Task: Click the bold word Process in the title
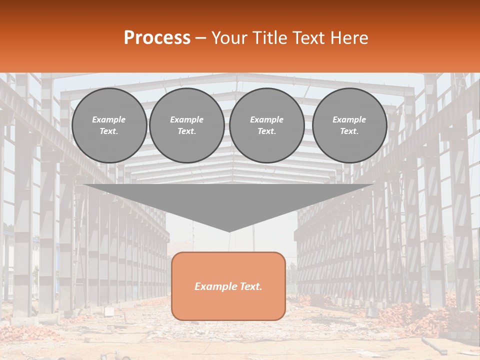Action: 157,38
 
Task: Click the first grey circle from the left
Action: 109,125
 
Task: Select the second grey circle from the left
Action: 187,125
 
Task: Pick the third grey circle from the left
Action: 267,125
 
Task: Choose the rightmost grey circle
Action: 349,125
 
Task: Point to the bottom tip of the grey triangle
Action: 229,231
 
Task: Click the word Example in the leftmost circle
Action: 109,119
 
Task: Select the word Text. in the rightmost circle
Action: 349,131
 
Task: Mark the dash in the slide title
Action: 200,38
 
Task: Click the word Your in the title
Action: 228,38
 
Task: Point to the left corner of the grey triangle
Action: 84,185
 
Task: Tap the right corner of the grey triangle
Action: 373,185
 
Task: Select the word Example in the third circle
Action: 267,119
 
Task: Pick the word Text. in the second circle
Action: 187,131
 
